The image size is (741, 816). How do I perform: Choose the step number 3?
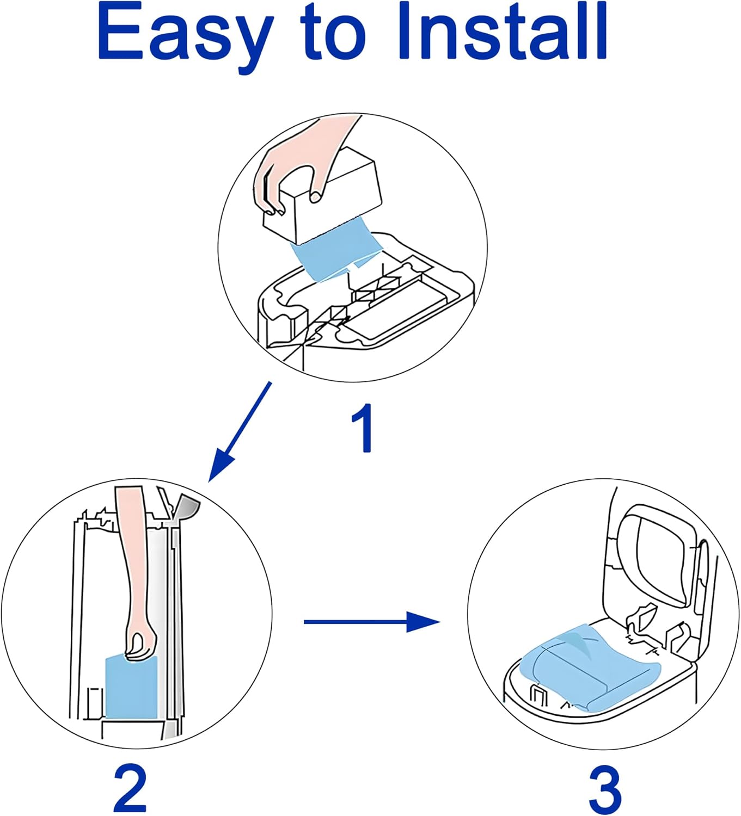(604, 789)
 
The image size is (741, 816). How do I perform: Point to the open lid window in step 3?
(659, 560)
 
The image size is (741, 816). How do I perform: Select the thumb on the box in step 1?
(315, 196)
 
